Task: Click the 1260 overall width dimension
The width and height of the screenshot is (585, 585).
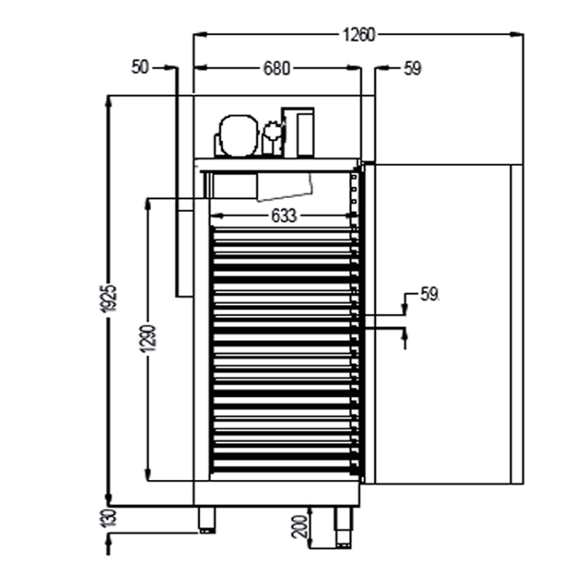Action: tap(358, 35)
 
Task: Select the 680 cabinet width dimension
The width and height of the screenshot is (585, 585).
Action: tap(276, 68)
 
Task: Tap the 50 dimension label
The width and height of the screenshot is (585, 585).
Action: tap(140, 67)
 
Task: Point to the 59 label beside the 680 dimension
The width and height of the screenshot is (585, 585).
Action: tap(412, 69)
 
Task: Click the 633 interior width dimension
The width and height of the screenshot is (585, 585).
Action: tap(284, 216)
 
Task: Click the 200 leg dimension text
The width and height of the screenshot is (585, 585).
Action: tap(300, 526)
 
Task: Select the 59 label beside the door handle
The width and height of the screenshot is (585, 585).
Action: tap(429, 295)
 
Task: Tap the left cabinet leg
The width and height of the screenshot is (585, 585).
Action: tap(207, 520)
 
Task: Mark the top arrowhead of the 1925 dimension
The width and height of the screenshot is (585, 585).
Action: tap(108, 102)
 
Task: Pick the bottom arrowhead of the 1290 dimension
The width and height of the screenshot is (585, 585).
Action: tap(148, 474)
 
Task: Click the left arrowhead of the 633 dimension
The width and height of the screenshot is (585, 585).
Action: tap(217, 216)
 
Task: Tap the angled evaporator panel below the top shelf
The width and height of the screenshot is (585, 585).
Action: tap(284, 186)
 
